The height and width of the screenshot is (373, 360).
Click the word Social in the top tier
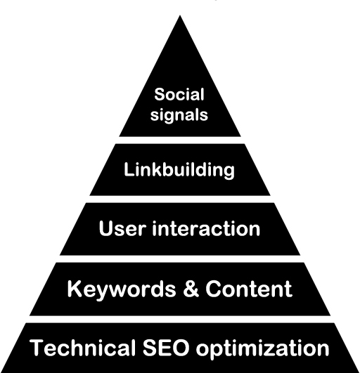(179, 94)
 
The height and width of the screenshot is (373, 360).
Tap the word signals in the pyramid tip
(179, 115)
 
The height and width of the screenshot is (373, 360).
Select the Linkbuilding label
(179, 170)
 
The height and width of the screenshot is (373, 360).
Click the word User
(122, 228)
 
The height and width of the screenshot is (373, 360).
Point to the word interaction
(206, 228)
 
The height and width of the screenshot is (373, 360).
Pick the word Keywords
(122, 289)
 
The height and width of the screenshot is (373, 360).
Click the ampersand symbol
(191, 289)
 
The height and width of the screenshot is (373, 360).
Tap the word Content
(249, 289)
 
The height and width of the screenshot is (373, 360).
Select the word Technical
(83, 348)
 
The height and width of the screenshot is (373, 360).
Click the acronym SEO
(166, 348)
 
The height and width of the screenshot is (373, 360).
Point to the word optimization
(262, 348)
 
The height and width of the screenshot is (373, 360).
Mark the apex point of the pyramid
(180, 15)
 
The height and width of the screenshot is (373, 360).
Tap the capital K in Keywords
(75, 289)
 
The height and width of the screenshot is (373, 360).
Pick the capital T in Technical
(37, 348)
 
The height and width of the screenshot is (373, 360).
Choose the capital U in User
(106, 228)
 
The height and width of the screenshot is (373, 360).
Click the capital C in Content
(214, 289)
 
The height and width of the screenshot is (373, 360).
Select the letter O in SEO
(180, 348)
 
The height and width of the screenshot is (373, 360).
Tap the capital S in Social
(160, 94)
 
